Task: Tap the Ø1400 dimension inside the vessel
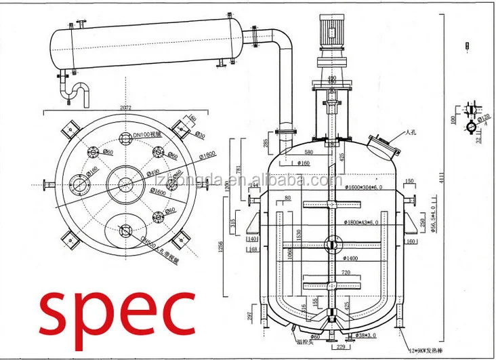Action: point(353,258)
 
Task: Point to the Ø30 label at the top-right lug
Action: point(201,135)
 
